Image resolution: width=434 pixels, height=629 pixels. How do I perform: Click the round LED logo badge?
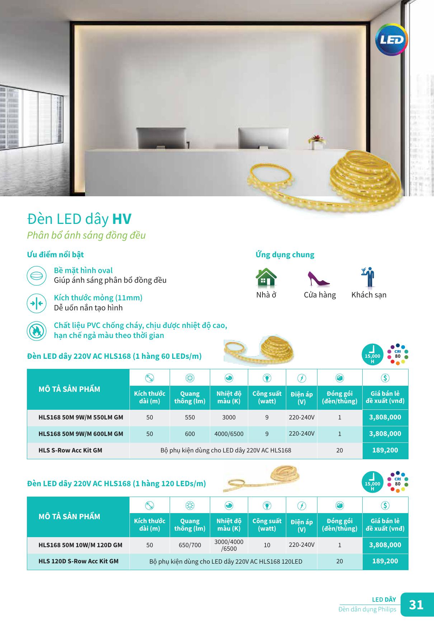(391, 39)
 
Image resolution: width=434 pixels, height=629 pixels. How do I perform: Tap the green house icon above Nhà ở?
(266, 277)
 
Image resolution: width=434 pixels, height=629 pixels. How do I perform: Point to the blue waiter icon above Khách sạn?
(368, 277)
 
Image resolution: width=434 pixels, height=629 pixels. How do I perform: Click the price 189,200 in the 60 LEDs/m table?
(385, 450)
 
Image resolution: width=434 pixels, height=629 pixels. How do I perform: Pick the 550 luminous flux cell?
(190, 417)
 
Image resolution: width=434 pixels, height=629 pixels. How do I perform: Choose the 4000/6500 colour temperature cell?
(229, 434)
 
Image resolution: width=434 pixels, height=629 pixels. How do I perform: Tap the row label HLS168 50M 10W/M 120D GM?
(80, 545)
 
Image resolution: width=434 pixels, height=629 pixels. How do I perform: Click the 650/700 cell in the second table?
(190, 545)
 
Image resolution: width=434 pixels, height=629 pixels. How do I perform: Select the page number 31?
(416, 605)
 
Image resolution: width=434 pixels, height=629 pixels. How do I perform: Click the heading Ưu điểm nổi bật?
(55, 254)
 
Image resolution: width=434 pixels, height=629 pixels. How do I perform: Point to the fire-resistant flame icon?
(37, 331)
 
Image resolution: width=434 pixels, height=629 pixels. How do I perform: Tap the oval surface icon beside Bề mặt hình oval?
(37, 276)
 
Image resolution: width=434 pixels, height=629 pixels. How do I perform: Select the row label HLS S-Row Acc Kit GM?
(70, 450)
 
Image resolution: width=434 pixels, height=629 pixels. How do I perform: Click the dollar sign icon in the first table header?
(385, 378)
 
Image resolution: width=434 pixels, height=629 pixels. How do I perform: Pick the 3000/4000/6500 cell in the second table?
(229, 545)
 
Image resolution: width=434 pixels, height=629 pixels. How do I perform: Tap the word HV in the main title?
(122, 219)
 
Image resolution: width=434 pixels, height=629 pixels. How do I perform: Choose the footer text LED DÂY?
(384, 600)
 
